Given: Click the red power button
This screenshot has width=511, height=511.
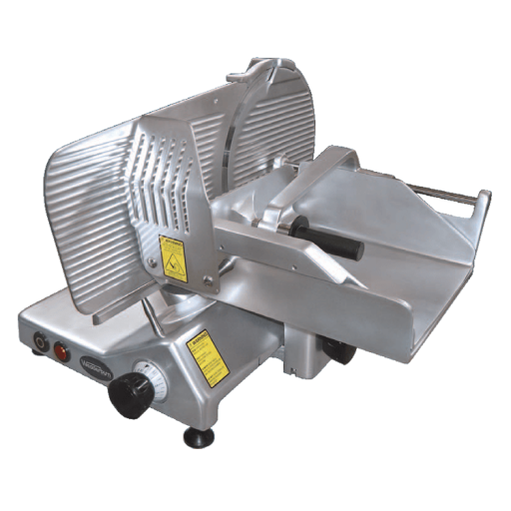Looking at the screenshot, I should coord(62,351).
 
